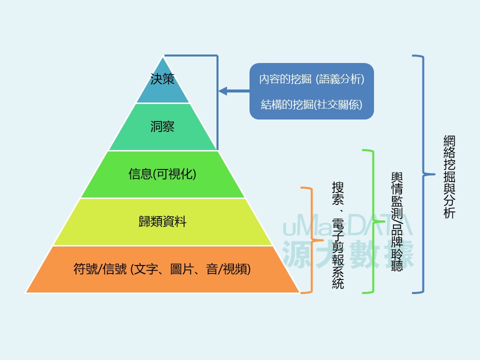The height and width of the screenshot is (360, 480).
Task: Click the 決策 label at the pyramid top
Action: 162,79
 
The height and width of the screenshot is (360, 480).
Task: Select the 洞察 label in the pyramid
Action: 162,126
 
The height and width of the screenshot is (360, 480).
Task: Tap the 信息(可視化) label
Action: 162,174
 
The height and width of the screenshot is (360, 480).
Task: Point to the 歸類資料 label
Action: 162,221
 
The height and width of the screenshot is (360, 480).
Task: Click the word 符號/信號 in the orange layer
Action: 100,269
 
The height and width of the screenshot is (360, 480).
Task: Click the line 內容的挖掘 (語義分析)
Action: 311,79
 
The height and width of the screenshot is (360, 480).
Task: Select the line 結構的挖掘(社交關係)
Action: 311,104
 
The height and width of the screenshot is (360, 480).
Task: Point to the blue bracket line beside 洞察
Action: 217,125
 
